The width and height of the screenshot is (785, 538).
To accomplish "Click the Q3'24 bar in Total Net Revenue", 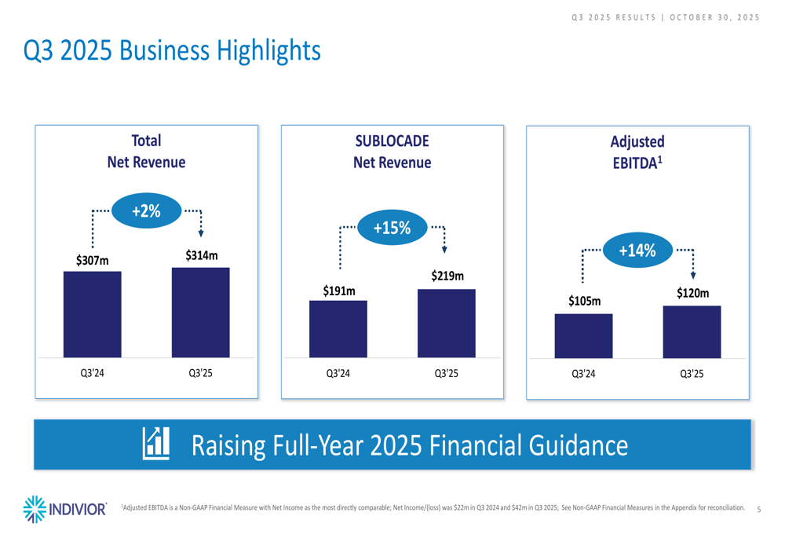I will [93, 314].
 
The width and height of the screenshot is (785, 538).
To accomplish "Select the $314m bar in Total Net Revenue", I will [200, 313].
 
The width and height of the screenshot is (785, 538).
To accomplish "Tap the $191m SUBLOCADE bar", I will [338, 329].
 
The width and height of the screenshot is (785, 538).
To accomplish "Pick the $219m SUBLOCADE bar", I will [446, 324].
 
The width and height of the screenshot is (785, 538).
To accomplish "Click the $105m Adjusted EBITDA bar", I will [583, 336].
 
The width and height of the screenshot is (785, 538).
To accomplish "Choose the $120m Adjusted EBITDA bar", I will [692, 331].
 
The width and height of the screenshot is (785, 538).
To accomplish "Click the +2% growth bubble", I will [146, 210].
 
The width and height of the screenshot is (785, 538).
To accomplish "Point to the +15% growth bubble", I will [392, 228].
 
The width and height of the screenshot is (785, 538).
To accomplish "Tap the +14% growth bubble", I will [637, 251].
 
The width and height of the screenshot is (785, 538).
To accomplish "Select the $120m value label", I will [692, 293].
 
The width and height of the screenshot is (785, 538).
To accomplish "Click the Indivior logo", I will [66, 509].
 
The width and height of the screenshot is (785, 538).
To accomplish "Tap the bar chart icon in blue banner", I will [155, 445].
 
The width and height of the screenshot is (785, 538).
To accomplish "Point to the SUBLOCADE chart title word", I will [392, 141].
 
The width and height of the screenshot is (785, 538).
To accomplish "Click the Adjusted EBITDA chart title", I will [637, 152].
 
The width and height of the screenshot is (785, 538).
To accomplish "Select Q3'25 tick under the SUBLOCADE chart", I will [446, 374].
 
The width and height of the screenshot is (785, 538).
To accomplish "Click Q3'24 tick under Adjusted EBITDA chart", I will [583, 374].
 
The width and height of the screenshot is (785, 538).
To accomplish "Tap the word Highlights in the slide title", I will [264, 51].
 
